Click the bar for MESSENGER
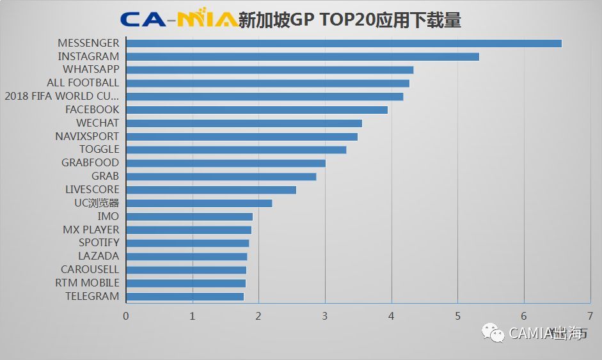click(x=344, y=43)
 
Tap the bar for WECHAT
click(x=244, y=123)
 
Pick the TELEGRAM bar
click(x=185, y=296)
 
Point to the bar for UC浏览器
click(x=199, y=203)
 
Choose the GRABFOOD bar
click(x=226, y=162)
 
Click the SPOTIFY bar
click(x=187, y=243)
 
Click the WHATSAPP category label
click(x=91, y=69)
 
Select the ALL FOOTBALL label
click(x=83, y=82)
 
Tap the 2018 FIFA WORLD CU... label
click(x=61, y=96)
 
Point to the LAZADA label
click(x=99, y=256)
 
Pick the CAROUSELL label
click(x=90, y=269)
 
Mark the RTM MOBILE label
click(x=87, y=283)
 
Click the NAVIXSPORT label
click(x=87, y=136)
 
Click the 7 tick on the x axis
click(x=590, y=316)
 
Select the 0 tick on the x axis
click(x=126, y=316)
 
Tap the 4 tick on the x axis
click(x=392, y=316)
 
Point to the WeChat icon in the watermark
click(x=493, y=333)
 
